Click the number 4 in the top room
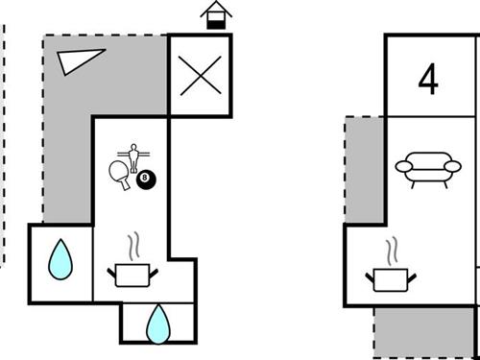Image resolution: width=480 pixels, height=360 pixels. (428, 81)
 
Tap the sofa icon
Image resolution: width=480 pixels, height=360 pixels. (428, 168)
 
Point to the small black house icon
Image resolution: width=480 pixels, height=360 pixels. (216, 16)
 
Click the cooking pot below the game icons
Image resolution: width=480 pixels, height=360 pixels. (132, 276)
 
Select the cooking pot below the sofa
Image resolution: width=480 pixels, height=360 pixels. (392, 279)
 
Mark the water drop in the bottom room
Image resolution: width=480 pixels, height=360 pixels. (156, 324)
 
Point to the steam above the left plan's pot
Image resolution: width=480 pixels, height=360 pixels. (132, 247)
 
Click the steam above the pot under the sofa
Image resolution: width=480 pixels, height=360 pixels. (392, 251)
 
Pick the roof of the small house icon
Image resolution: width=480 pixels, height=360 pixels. (216, 9)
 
